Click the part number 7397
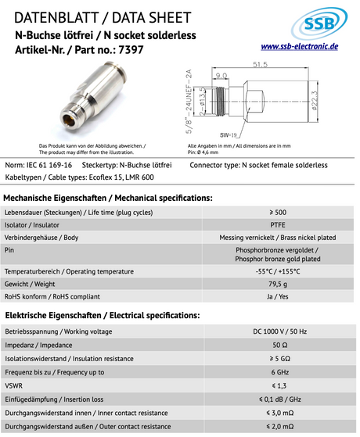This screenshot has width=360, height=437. (x=130, y=49)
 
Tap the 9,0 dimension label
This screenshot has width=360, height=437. (x=222, y=76)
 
